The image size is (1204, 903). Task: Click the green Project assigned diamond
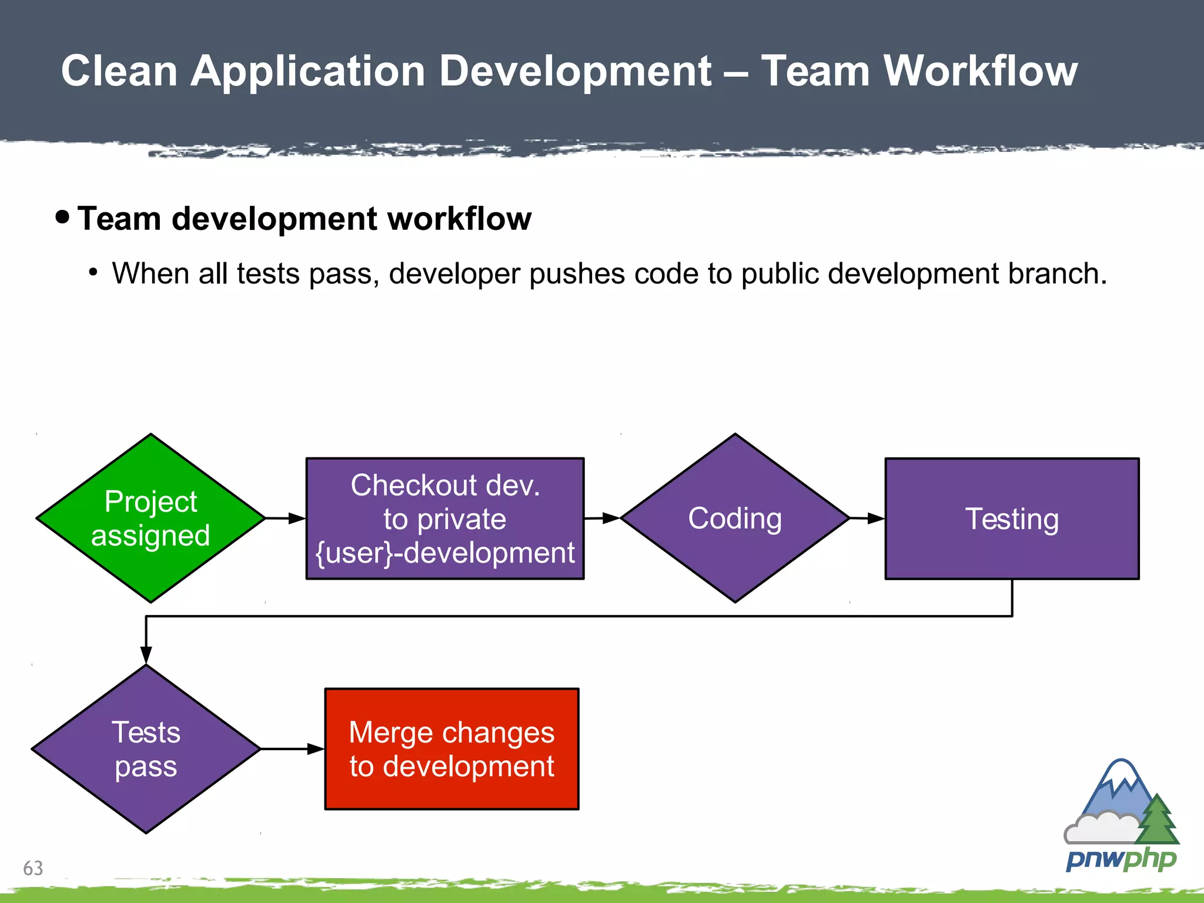(x=150, y=519)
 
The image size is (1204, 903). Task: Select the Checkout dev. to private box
(x=445, y=519)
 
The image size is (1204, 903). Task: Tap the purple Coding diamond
(x=735, y=519)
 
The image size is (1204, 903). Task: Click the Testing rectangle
(x=1012, y=519)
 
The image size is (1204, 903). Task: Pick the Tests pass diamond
(x=146, y=749)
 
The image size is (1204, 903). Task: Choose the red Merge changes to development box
(x=451, y=749)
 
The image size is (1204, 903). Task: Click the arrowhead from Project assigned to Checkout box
(x=297, y=519)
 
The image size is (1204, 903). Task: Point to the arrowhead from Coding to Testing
(x=876, y=519)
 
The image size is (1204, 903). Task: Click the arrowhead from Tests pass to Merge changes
(x=316, y=749)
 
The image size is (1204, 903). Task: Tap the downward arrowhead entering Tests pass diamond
(x=146, y=655)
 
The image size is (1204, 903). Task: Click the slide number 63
(x=33, y=868)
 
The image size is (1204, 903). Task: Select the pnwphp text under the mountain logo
(x=1121, y=859)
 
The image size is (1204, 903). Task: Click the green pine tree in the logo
(x=1158, y=820)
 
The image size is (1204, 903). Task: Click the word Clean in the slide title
(x=119, y=71)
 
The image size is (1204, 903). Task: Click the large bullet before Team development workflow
(x=62, y=217)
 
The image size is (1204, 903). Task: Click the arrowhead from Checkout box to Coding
(x=611, y=518)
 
